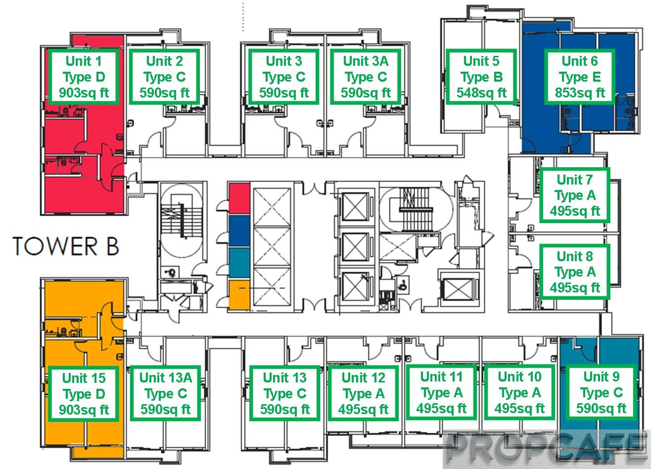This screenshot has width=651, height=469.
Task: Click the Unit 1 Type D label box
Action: point(84,77)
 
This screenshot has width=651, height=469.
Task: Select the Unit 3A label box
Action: point(366,77)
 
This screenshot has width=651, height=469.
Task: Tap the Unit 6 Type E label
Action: point(579,77)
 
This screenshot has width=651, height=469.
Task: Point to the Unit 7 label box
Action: point(574,195)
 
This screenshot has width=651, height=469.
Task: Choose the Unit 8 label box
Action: point(574,272)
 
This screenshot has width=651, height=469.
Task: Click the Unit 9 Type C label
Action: point(601,393)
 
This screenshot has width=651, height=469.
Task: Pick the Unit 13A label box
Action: point(165,393)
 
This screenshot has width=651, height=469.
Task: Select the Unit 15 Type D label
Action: point(84,393)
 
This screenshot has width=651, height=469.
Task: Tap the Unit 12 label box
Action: point(363,393)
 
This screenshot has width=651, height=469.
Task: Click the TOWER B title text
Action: point(66,246)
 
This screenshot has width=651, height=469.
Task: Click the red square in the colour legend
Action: point(239,198)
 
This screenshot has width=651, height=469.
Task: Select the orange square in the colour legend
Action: point(239,295)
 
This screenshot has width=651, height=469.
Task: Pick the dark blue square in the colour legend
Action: point(239,231)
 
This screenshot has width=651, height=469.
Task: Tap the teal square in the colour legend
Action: point(239,263)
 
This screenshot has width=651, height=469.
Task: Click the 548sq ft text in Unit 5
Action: point(481,93)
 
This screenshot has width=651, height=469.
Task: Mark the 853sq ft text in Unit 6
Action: point(580,93)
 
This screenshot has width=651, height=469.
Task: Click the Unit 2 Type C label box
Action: point(165,77)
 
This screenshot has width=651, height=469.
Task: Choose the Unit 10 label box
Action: point(519,393)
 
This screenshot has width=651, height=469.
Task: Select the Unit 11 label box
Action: point(441,393)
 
